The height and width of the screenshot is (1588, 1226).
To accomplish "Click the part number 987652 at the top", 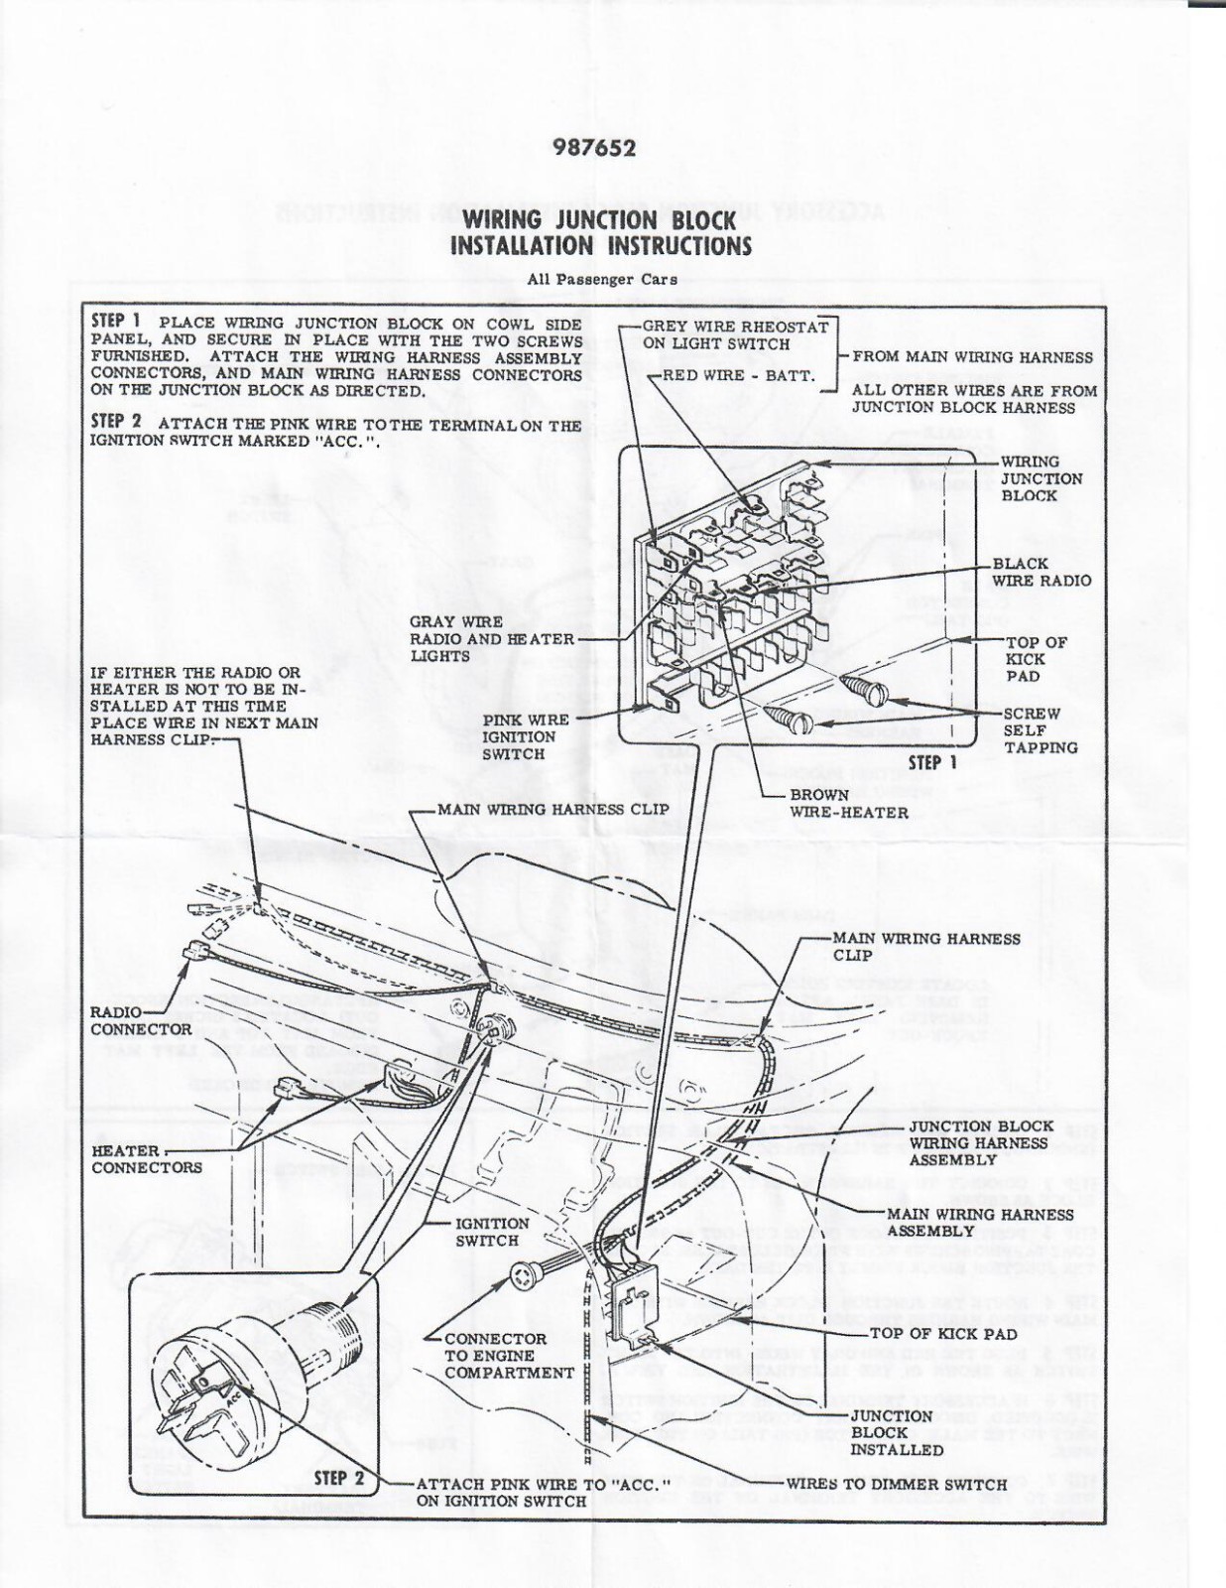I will click(x=594, y=149).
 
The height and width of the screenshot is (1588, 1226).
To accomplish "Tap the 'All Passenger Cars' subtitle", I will click(x=602, y=280).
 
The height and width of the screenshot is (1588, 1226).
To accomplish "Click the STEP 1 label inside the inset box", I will click(x=932, y=762).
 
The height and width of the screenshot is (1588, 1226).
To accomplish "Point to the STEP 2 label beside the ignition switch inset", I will click(x=339, y=1478).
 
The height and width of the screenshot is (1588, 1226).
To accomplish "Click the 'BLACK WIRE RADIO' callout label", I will click(x=1041, y=572).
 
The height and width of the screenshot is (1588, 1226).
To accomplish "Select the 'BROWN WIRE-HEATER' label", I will click(x=848, y=804).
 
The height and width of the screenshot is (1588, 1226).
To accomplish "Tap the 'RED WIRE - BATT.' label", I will click(x=738, y=375).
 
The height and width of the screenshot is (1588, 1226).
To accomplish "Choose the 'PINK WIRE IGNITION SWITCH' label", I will click(x=525, y=736).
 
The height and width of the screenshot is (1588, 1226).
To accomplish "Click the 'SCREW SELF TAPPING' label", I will click(x=1040, y=730).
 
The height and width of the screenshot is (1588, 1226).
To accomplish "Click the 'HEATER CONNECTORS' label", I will click(x=146, y=1159).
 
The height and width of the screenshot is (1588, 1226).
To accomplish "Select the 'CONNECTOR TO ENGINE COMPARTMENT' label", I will click(x=509, y=1356).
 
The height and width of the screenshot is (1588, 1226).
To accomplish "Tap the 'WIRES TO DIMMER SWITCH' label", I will click(x=896, y=1485).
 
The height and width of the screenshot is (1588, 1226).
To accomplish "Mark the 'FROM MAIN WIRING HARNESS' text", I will click(x=972, y=357).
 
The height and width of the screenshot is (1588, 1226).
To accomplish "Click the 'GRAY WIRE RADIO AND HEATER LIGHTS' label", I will click(x=491, y=639).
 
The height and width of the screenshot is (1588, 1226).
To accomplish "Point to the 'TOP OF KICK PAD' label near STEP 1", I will click(x=1036, y=659).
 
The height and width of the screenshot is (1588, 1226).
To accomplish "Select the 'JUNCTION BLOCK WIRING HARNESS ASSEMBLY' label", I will click(x=979, y=1143).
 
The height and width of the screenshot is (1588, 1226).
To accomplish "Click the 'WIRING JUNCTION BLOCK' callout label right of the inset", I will click(x=1041, y=478).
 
